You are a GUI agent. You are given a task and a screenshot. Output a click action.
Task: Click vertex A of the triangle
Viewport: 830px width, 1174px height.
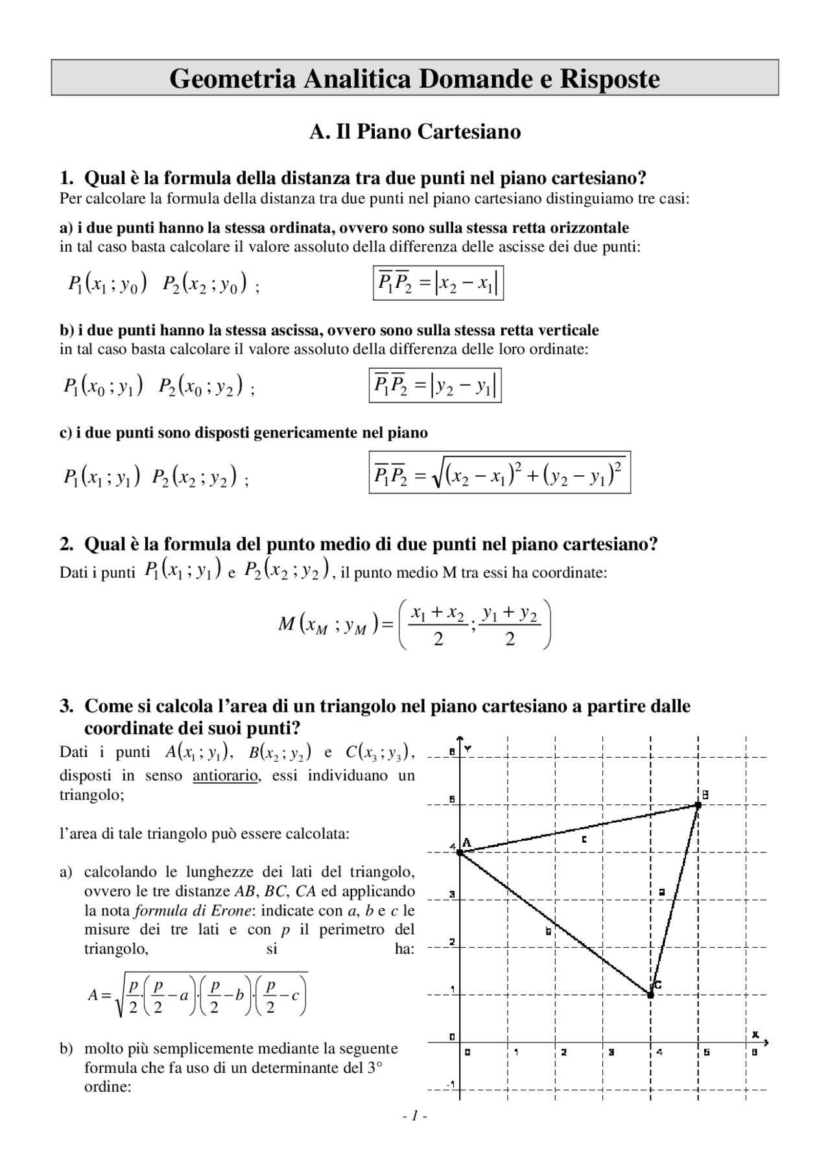pos(460,852)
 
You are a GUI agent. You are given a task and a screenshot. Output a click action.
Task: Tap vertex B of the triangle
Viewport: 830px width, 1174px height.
pos(698,804)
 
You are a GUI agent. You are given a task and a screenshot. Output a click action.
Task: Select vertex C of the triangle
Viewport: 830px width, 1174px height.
pos(651,994)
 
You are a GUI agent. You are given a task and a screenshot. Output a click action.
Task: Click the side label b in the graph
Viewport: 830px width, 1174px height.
pos(549,932)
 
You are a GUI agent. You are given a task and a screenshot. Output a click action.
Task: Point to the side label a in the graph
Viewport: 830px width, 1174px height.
pos(661,892)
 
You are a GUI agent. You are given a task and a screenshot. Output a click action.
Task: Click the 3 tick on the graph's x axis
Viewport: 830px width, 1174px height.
pos(611,1053)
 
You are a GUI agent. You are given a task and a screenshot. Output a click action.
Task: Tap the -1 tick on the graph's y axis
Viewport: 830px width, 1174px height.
pos(453,1085)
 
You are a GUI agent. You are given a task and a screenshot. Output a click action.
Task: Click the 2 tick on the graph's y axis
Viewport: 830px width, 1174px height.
pos(453,942)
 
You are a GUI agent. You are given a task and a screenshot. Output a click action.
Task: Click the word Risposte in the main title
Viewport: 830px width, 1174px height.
pos(610,78)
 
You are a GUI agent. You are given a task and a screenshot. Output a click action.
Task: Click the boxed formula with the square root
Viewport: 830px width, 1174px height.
pos(499,473)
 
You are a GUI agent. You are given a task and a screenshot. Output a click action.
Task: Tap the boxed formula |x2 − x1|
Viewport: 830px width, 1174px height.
pos(438,283)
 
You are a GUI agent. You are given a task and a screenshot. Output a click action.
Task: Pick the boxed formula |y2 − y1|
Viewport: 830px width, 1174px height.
pos(435,386)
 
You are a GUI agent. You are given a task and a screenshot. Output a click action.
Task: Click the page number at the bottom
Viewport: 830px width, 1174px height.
pos(414,1116)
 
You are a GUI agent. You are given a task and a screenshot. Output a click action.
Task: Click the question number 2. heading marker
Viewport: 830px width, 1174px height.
pos(66,544)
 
